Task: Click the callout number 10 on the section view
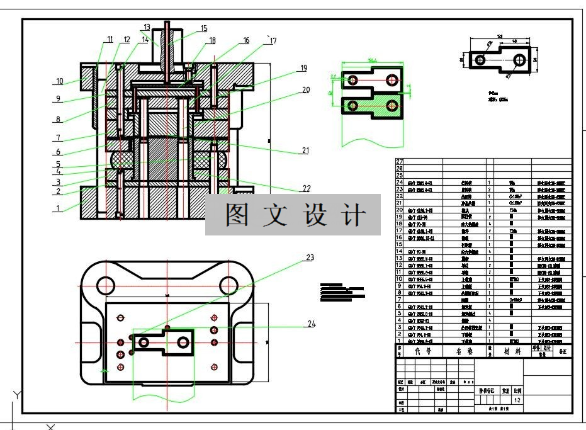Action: (x=59, y=81)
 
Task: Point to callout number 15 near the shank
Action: (x=204, y=28)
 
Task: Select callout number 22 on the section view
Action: (x=307, y=188)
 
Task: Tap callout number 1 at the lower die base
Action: (x=58, y=208)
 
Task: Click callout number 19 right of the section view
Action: (x=303, y=68)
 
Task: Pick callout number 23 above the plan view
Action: (x=310, y=257)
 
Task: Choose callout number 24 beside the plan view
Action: (x=311, y=324)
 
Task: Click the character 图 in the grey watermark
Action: (x=237, y=215)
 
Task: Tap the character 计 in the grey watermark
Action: (x=355, y=215)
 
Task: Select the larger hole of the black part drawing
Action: (x=520, y=60)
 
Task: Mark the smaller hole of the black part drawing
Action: (x=480, y=60)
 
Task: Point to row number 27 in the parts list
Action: (x=399, y=162)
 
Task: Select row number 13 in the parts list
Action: (x=399, y=258)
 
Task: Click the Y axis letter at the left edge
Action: (x=17, y=395)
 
